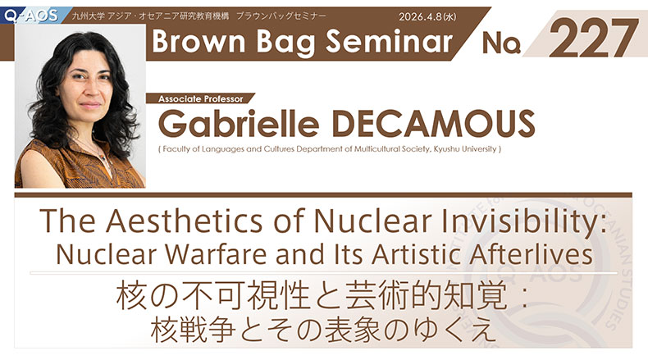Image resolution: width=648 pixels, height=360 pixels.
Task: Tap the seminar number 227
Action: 593,38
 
